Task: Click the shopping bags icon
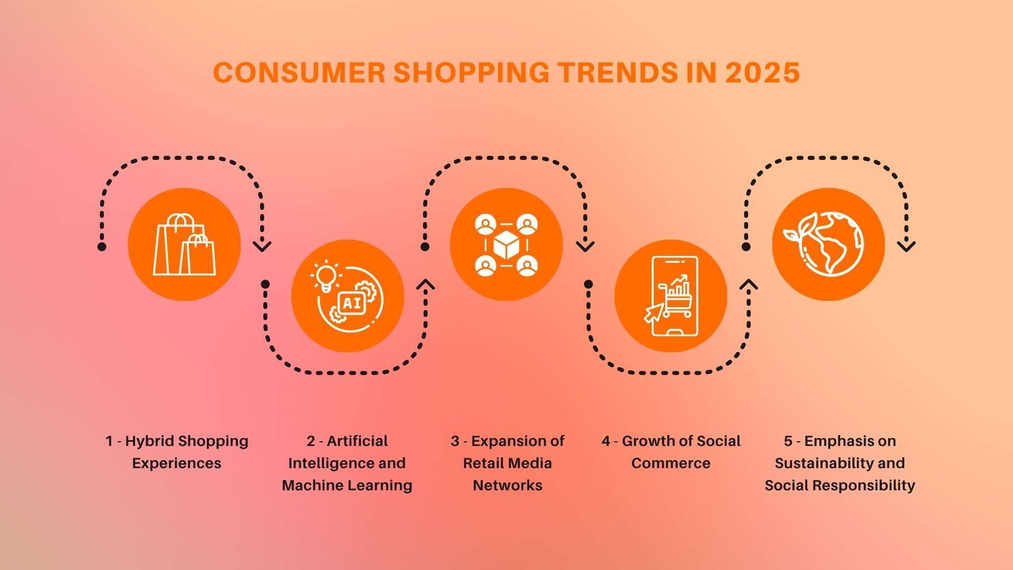point(184,244)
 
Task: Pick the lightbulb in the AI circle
point(326,275)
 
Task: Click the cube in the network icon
point(506,245)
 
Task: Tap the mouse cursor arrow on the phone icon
point(653,312)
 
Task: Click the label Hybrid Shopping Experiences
point(177,452)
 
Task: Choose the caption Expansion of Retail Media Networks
point(507,463)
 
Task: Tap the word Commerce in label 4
point(671,463)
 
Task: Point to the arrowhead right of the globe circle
point(906,246)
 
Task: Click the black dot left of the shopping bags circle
point(102,246)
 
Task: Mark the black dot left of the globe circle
point(746,246)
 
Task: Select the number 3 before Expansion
point(455,441)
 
